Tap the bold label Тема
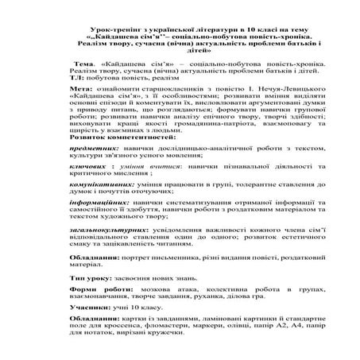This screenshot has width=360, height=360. (83, 60)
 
